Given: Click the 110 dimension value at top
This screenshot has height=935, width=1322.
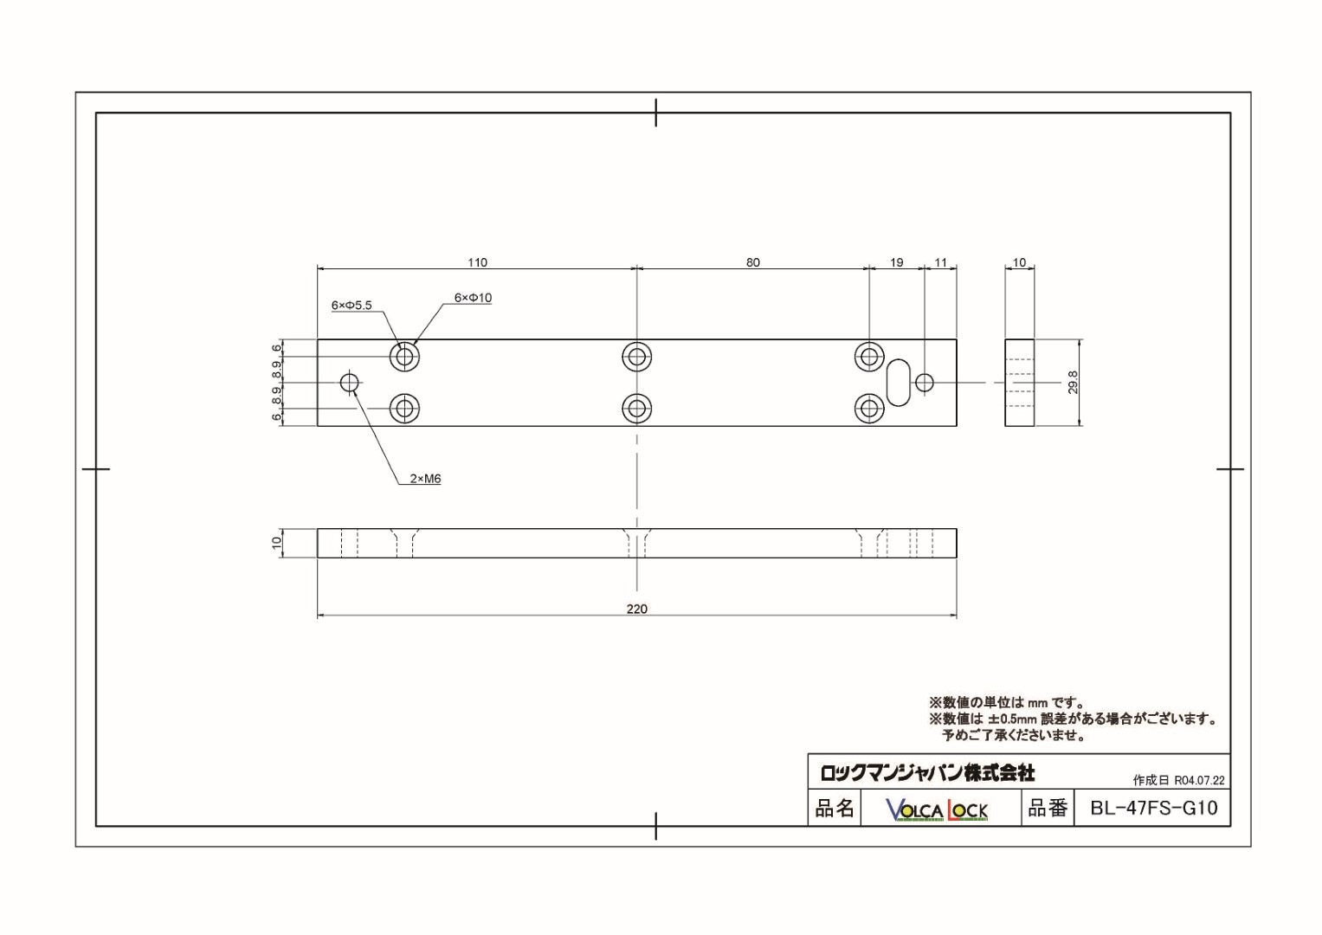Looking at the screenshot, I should (x=477, y=262).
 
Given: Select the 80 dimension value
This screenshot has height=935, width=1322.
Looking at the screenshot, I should (x=752, y=262).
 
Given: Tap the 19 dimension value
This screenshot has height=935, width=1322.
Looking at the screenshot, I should (x=896, y=262).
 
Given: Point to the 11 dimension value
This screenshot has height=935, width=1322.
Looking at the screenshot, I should (x=941, y=262).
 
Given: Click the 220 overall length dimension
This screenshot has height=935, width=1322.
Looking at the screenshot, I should (x=636, y=609).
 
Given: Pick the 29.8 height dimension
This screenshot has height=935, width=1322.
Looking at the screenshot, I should (x=1073, y=383).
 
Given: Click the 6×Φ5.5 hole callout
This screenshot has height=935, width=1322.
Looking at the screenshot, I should (x=351, y=305).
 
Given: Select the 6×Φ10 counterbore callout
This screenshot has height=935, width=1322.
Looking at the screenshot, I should (x=473, y=298).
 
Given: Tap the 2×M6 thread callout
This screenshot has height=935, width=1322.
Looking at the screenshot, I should (x=425, y=478).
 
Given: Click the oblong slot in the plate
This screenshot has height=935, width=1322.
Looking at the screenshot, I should (x=899, y=382).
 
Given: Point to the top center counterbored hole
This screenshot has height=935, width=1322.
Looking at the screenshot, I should (x=637, y=356).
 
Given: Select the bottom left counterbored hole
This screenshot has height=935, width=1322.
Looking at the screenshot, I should (x=404, y=408).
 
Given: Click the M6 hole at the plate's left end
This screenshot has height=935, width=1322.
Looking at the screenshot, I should (x=350, y=382).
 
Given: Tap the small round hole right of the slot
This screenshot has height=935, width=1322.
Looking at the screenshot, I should (x=925, y=382).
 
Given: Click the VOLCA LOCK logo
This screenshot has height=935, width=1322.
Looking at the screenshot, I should (x=937, y=809).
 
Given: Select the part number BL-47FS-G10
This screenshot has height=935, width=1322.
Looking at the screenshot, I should (x=1153, y=808).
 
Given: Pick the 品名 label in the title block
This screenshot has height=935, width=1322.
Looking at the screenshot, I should (x=835, y=808).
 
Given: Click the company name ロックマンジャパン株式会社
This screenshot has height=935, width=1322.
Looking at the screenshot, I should (x=927, y=771).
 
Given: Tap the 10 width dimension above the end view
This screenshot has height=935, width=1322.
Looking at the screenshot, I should (x=1019, y=262).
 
